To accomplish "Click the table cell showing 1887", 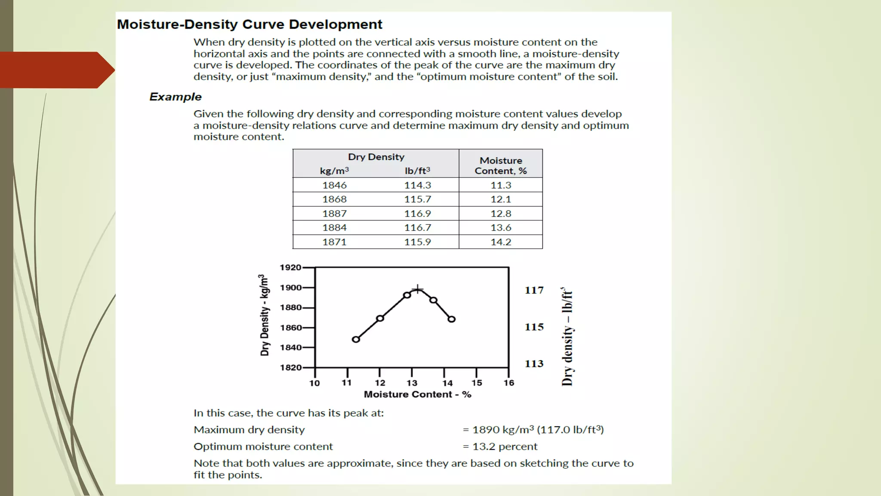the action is (334, 214).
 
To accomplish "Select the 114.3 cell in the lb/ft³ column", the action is (417, 185).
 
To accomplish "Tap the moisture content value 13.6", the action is (501, 228).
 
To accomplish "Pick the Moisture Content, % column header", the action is (501, 166).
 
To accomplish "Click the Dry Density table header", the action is (376, 157).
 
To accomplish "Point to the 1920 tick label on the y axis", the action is (290, 267).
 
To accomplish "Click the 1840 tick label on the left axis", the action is (290, 347).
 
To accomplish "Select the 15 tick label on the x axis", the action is (477, 383).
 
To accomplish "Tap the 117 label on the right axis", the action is (534, 290).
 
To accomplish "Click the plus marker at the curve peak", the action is (417, 289).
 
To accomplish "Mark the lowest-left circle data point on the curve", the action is (356, 339).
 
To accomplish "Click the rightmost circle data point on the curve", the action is (452, 319).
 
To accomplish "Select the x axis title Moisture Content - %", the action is (417, 394).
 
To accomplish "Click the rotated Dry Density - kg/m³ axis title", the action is (265, 315).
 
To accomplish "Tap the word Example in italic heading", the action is (176, 97).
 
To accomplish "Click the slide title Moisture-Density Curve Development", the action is (250, 25).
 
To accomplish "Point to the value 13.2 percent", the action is (505, 446).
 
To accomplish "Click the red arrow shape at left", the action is (57, 70).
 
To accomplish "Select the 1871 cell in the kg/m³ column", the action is (334, 242).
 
